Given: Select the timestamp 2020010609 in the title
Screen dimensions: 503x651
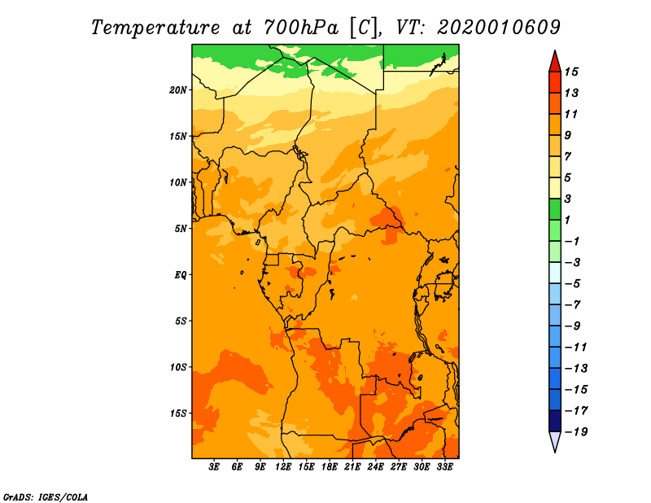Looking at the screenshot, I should click(x=498, y=27).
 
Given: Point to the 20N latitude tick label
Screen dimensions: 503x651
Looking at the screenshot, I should click(x=178, y=90).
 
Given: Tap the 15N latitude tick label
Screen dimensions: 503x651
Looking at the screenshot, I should click(x=178, y=136).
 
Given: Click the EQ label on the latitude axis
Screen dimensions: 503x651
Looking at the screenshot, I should click(x=181, y=275).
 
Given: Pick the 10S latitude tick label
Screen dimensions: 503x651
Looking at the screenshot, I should click(x=178, y=367).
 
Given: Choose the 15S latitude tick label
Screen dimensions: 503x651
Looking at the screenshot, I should click(x=178, y=413).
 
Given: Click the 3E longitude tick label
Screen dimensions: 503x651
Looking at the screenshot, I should click(x=215, y=467).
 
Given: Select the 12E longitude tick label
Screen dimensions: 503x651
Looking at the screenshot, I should click(x=283, y=467).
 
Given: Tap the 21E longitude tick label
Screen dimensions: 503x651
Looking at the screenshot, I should click(x=352, y=467).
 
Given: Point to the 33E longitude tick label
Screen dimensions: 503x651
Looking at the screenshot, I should click(x=444, y=467).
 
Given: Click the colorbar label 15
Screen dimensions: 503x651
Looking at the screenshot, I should click(x=571, y=72).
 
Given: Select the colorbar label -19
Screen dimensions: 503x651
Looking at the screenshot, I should click(x=575, y=431).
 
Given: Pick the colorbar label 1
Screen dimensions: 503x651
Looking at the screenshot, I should click(x=568, y=220).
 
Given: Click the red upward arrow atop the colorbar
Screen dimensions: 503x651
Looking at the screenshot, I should click(x=554, y=60).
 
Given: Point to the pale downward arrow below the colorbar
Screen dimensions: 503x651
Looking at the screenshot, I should click(x=554, y=442).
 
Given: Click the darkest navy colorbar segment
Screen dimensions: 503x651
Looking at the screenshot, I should click(x=554, y=421).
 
